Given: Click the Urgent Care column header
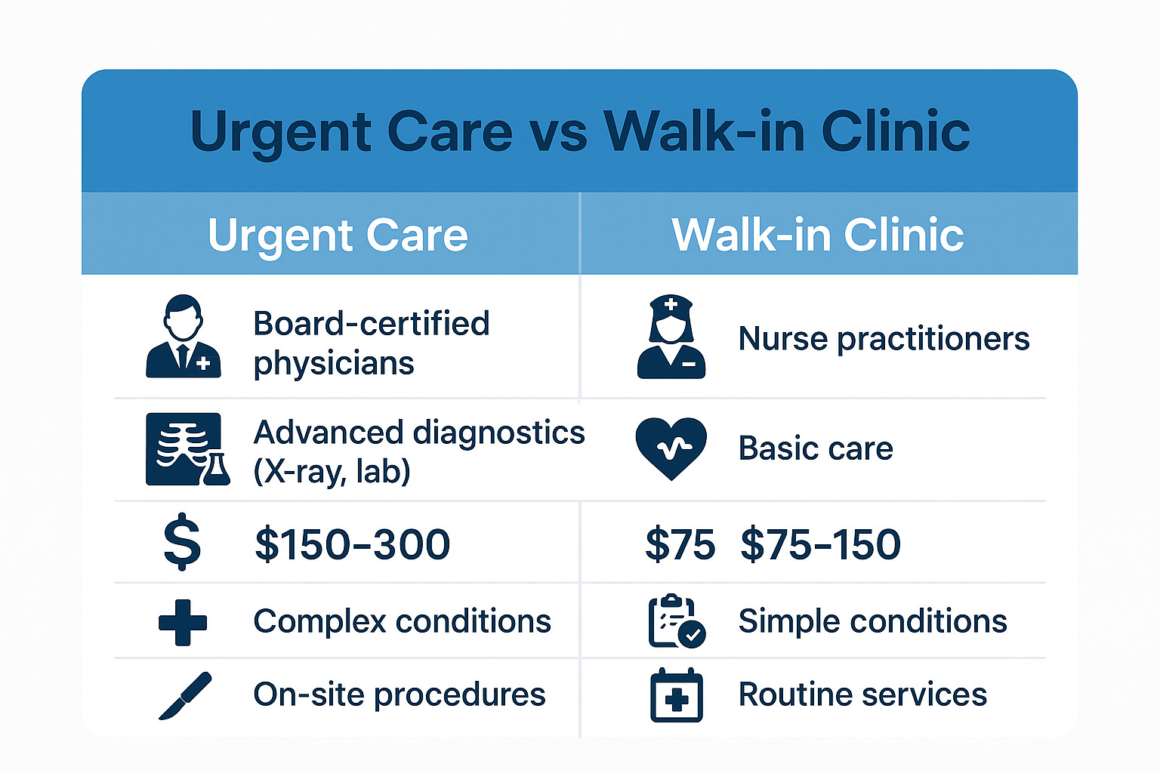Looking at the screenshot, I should click(x=338, y=236).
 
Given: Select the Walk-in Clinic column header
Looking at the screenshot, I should click(x=817, y=236).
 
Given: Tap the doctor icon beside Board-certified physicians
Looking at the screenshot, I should click(x=184, y=337).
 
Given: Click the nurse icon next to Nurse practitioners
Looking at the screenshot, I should click(x=671, y=337).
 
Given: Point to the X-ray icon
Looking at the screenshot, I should click(x=187, y=449).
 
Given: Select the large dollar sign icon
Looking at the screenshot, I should click(x=183, y=543).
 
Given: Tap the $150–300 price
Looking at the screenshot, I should click(x=352, y=544).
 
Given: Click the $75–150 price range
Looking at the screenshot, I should click(x=820, y=544).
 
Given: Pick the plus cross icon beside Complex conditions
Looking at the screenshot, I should click(x=183, y=623).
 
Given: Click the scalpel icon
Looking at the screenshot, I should click(x=185, y=695).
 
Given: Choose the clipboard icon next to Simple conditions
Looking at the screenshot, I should click(x=676, y=621).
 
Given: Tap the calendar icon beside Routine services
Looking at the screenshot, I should click(x=676, y=694).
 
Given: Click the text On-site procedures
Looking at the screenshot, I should click(x=399, y=694).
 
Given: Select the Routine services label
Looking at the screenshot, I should click(x=862, y=694).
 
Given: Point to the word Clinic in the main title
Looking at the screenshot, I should click(x=895, y=131).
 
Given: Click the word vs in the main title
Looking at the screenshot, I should click(x=557, y=133).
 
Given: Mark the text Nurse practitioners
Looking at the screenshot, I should click(x=884, y=338).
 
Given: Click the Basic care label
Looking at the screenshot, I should click(x=816, y=448).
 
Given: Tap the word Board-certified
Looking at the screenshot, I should click(x=372, y=324).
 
